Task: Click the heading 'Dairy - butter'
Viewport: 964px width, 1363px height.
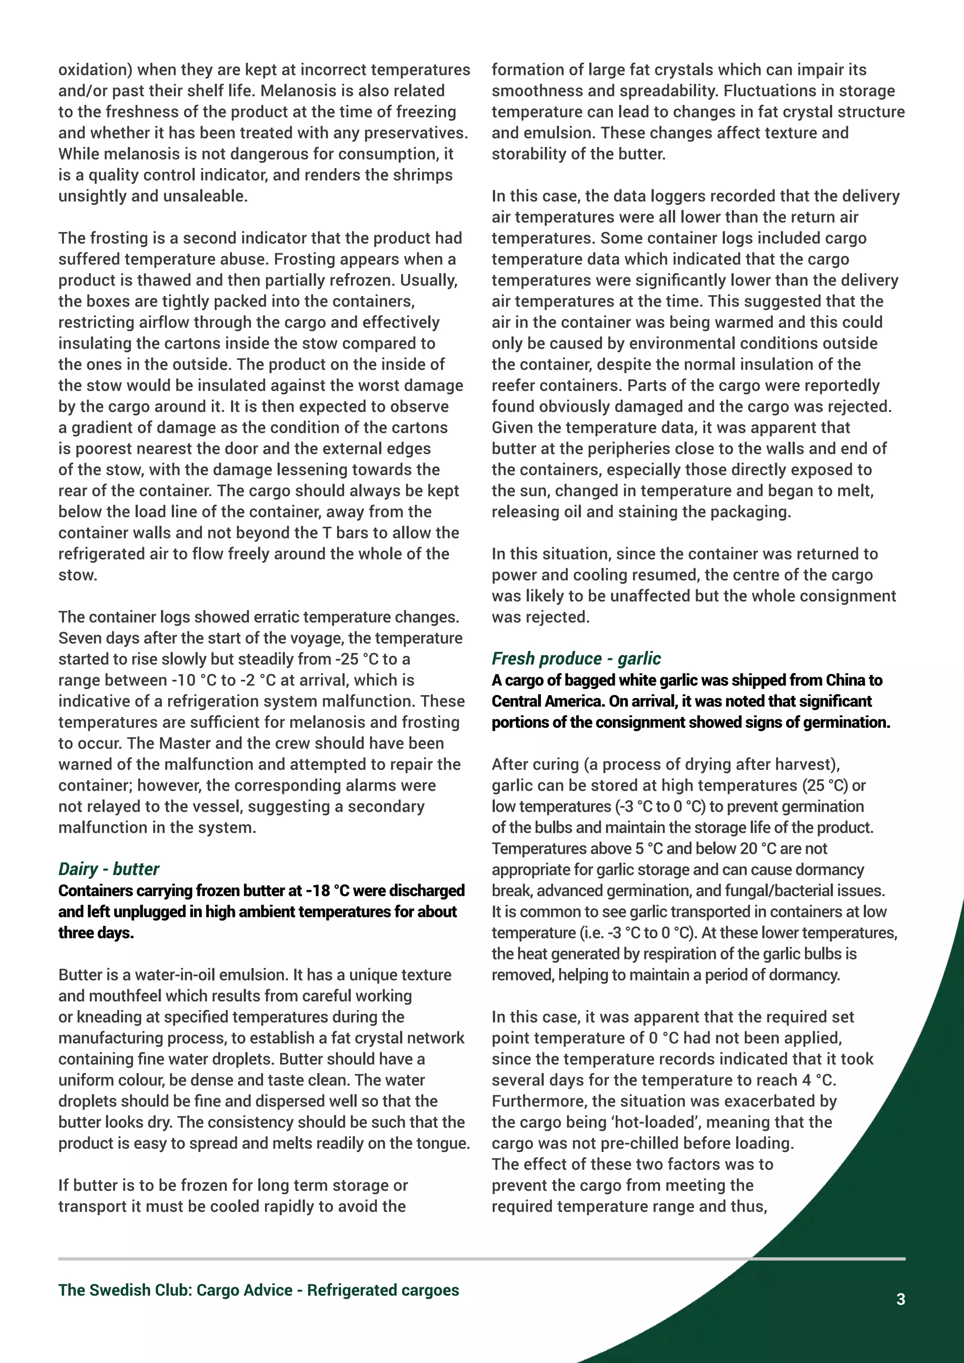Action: coord(109,869)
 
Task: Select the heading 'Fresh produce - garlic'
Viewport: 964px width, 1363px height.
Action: coord(576,658)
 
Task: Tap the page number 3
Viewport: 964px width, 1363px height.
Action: coord(900,1299)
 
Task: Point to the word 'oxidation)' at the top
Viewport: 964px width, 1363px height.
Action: coord(95,70)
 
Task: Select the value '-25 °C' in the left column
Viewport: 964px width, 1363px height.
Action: coord(353,659)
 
